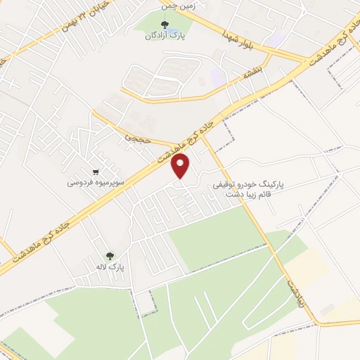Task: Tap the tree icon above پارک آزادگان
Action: pyautogui.click(x=165, y=26)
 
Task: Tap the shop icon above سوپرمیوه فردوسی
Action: pyautogui.click(x=96, y=172)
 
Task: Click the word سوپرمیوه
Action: pyautogui.click(x=110, y=182)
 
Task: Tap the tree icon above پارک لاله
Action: pyautogui.click(x=109, y=257)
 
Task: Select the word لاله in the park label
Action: pyautogui.click(x=101, y=267)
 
